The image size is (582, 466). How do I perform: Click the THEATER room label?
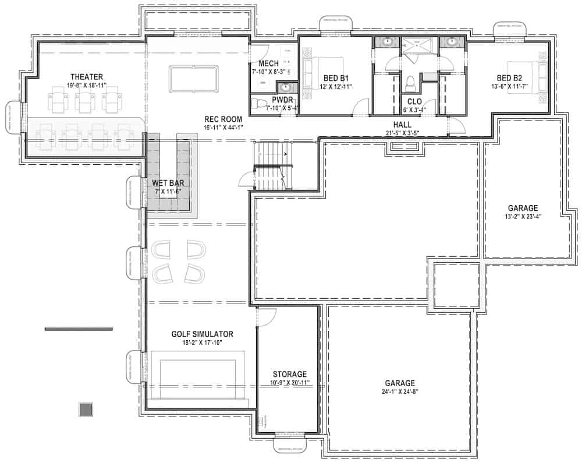pos(87,76)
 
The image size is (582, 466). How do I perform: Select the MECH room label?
pos(268,64)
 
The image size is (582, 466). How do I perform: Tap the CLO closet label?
pos(415,101)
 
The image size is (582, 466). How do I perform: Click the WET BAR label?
pos(169,182)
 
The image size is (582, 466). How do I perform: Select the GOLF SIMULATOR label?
pos(202,334)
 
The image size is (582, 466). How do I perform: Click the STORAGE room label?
pos(289,374)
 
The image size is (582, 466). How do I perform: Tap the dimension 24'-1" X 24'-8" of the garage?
pos(399,392)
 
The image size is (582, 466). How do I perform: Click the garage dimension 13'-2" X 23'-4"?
pos(522,217)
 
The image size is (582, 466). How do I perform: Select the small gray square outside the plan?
pos(86,409)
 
